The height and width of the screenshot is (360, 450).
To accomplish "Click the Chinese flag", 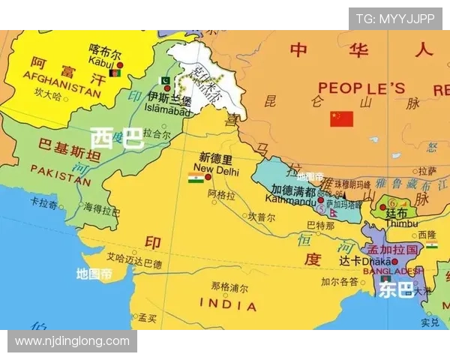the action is pyautogui.click(x=341, y=118).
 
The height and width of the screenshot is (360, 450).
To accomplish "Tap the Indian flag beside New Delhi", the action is pyautogui.click(x=196, y=178).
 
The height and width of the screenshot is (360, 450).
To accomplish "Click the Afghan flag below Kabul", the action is pyautogui.click(x=115, y=73).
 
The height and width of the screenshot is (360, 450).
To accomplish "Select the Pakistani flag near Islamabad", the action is pyautogui.click(x=166, y=80).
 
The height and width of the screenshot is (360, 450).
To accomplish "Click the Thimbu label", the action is pyautogui.click(x=396, y=223).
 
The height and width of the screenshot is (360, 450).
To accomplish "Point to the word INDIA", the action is pyautogui.click(x=228, y=304).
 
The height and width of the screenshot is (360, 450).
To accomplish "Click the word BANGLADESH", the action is pyautogui.click(x=393, y=271).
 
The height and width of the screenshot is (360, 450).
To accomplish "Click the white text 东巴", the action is pyautogui.click(x=396, y=289).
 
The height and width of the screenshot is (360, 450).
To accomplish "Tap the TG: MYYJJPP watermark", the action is pyautogui.click(x=394, y=19).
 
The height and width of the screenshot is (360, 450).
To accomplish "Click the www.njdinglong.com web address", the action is pyautogui.click(x=72, y=341).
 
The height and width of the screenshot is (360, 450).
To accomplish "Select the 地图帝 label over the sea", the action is pyautogui.click(x=94, y=274).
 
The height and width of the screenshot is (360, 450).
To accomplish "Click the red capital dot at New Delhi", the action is pyautogui.click(x=208, y=178).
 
